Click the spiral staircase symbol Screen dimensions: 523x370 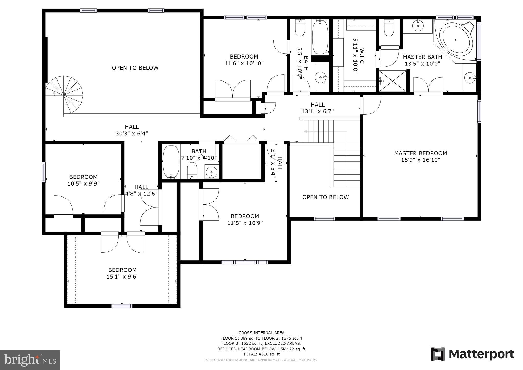(64, 95)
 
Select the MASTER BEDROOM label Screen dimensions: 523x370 (420, 153)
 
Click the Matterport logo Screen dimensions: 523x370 (472, 354)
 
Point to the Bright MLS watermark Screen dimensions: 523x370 (30, 360)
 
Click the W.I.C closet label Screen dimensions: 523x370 (362, 56)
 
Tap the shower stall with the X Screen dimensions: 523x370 (393, 81)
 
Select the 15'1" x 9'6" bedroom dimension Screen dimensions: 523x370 (122, 276)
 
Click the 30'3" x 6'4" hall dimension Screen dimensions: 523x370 (132, 133)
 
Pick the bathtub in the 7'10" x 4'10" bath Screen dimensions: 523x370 (171, 162)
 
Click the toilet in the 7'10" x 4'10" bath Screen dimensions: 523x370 (192, 170)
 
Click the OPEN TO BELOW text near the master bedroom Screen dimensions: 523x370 (325, 197)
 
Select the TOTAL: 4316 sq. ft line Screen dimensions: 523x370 (261, 354)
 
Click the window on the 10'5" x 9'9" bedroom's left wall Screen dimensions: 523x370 (44, 172)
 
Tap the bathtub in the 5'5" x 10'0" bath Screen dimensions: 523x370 (320, 37)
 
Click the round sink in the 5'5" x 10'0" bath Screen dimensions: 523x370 (320, 76)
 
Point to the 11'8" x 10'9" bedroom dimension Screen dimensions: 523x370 (245, 223)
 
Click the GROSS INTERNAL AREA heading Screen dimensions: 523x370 (261, 333)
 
